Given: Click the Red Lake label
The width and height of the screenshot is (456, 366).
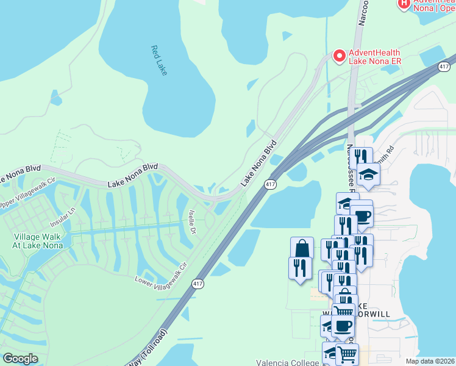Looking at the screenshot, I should coord(159,60).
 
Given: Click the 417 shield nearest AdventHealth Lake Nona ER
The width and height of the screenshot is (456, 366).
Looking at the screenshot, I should coord(443,66).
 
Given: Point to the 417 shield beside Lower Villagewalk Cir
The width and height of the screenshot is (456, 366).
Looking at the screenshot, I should coord(198,284).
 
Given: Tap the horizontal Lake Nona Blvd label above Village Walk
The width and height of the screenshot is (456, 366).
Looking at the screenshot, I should coord(133,175).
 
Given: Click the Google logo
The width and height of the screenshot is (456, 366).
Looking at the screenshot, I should coord(20,359).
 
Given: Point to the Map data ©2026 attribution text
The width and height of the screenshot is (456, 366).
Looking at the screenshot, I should coord(430,361).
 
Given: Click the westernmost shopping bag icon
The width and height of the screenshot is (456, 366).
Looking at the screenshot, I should coord(302,248).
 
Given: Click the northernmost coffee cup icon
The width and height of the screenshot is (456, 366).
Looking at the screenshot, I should coord(362,215).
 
